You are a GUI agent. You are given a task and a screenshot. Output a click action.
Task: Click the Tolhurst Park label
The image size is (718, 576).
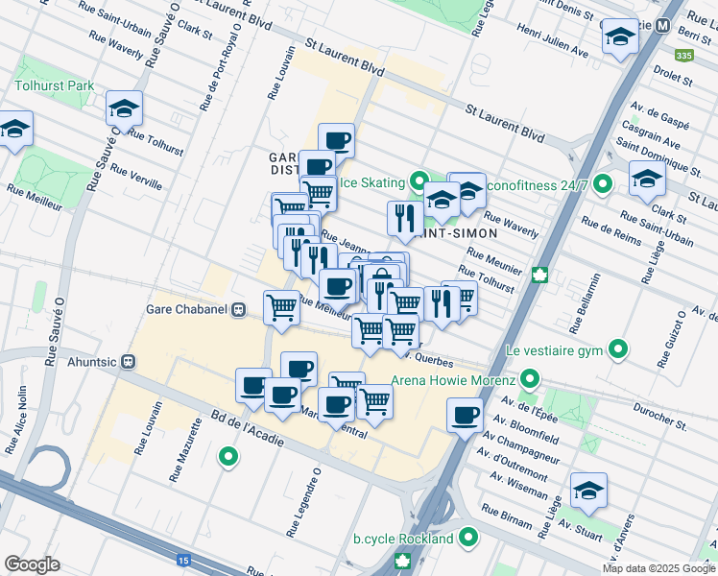tap(54, 85)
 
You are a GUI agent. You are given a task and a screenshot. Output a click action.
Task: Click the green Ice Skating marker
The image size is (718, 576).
tap(418, 180)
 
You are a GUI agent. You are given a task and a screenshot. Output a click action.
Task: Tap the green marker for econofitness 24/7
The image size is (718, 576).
tap(602, 183)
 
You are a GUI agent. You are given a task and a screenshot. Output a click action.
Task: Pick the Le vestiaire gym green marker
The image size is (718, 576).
tap(619, 349)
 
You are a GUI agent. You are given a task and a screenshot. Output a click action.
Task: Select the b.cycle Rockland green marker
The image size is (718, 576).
tap(467, 538)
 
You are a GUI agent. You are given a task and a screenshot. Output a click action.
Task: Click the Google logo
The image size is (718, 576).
tap(32, 564)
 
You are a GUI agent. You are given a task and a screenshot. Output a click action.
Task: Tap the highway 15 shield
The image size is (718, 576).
tap(182, 560)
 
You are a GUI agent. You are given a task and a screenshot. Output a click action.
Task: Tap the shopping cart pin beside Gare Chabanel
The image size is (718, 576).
tap(281, 306)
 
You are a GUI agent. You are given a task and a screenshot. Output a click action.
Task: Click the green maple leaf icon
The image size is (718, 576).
tap(540, 276)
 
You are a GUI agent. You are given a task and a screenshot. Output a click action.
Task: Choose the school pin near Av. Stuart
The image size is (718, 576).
tap(588, 490)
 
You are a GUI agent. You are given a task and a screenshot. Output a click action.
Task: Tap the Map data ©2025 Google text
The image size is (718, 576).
tap(658, 568)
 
